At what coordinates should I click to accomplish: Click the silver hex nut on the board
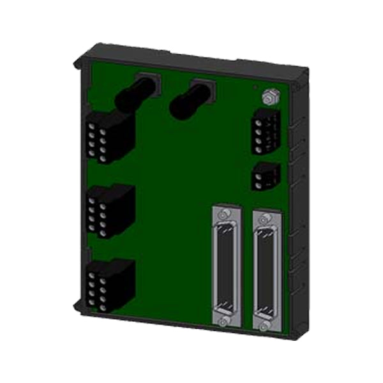[269, 97]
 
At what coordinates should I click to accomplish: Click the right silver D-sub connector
[266, 268]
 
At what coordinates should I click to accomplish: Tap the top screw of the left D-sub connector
[224, 217]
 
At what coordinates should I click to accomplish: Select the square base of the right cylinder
[203, 87]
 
